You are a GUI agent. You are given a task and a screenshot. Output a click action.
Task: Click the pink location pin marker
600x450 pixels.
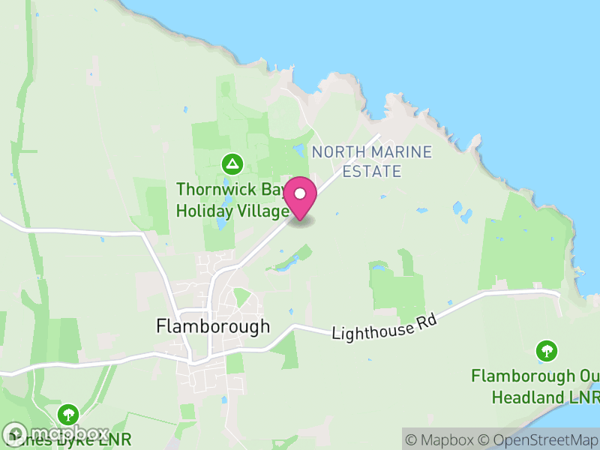pyautogui.click(x=300, y=198)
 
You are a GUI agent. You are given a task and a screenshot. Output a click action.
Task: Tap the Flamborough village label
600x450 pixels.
pyautogui.click(x=212, y=326)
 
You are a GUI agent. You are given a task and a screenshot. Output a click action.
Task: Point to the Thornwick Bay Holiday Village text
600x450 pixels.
pyautogui.click(x=232, y=200)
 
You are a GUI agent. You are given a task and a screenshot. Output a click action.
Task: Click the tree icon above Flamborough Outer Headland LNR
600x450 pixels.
pyautogui.click(x=547, y=350)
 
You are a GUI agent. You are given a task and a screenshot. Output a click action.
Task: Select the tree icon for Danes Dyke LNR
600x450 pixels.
pyautogui.click(x=69, y=413)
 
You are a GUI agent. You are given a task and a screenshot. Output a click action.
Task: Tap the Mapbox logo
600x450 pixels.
pyautogui.click(x=56, y=433)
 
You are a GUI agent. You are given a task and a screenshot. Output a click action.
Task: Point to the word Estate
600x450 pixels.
pyautogui.click(x=371, y=172)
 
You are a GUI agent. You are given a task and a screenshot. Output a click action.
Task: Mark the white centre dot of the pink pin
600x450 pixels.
pyautogui.click(x=300, y=193)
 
